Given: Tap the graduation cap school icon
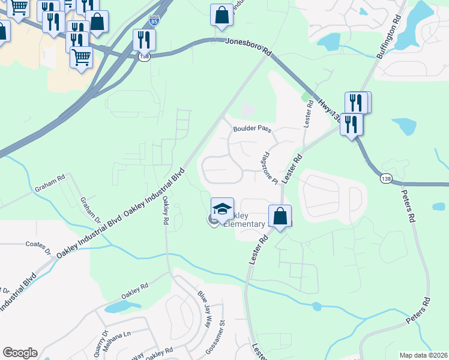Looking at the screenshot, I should [x=222, y=209].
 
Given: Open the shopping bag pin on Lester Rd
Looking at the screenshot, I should [x=280, y=216].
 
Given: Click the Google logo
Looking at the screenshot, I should [x=20, y=353].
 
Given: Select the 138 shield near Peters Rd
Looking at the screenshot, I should [x=386, y=178].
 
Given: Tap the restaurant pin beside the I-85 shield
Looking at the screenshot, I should [x=144, y=40].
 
